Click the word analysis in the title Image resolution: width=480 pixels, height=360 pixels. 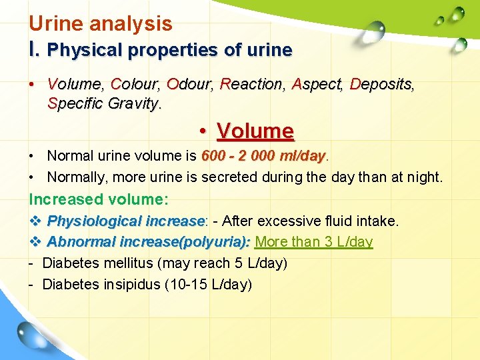tap(131, 25)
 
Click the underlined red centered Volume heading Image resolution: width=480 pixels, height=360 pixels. tap(255, 131)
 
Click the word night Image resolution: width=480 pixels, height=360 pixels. tap(424, 177)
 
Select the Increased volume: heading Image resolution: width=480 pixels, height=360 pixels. tap(99, 199)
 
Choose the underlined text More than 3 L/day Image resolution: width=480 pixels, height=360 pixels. tap(314, 242)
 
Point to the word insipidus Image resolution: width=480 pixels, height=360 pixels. tap(129, 285)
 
